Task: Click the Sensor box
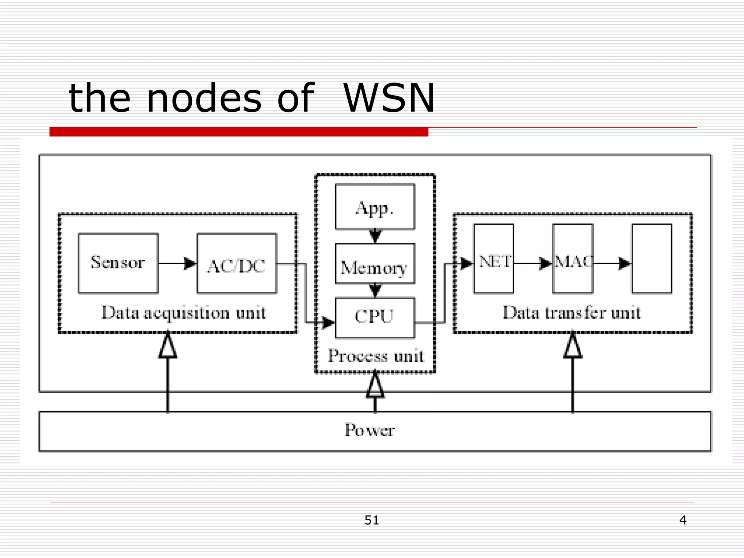[118, 263]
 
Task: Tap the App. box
[375, 207]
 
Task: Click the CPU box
[375, 317]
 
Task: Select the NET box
[494, 259]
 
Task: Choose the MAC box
[573, 259]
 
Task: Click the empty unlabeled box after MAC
[652, 259]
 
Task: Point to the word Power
[370, 430]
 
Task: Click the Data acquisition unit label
[183, 313]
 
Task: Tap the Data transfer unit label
[571, 313]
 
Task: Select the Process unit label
[376, 356]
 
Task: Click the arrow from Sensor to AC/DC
[177, 263]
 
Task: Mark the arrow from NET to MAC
[533, 263]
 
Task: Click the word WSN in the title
[389, 98]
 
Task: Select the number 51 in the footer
[372, 520]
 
